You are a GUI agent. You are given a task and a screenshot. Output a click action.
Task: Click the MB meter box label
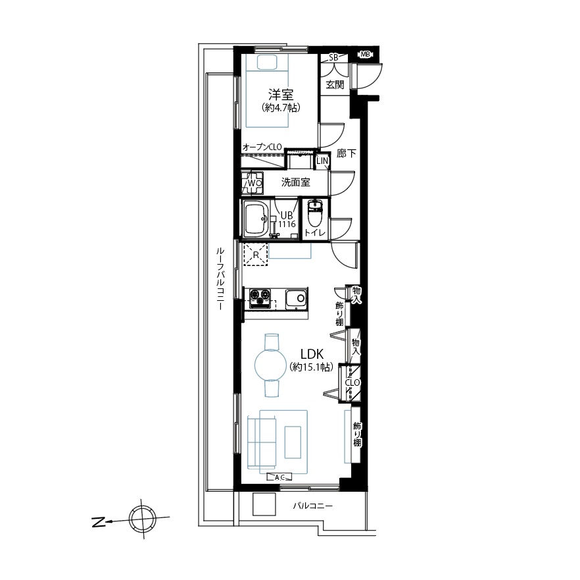[x=365, y=55]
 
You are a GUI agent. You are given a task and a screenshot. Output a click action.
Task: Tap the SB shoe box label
[x=333, y=57]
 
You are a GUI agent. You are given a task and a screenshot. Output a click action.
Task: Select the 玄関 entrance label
[x=335, y=84]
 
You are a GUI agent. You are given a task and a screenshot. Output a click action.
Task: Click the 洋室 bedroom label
[x=281, y=95]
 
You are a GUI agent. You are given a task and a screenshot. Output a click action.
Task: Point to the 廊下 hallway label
[x=346, y=153]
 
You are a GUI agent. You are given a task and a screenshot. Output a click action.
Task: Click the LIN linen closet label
[x=322, y=161]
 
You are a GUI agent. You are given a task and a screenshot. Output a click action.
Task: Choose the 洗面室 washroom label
[x=295, y=182]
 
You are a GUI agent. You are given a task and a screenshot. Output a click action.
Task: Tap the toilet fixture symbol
[x=315, y=215]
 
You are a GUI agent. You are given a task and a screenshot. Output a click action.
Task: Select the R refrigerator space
[x=256, y=254]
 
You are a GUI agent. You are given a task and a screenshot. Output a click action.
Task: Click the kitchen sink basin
[x=296, y=298]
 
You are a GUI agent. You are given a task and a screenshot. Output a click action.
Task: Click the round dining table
[x=271, y=365]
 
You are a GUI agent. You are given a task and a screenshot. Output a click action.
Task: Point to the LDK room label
[x=312, y=354]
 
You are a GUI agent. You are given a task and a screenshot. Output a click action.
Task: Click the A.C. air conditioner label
[x=279, y=477]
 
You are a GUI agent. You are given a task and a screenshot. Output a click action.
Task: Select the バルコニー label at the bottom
[x=313, y=506]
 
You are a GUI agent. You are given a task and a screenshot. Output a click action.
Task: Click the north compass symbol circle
[x=143, y=519]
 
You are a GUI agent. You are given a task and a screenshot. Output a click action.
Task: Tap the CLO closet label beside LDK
[x=352, y=382]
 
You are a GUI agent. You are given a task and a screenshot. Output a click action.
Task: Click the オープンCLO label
[x=262, y=147]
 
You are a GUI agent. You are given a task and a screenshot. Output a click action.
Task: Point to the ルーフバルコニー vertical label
[x=220, y=278]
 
